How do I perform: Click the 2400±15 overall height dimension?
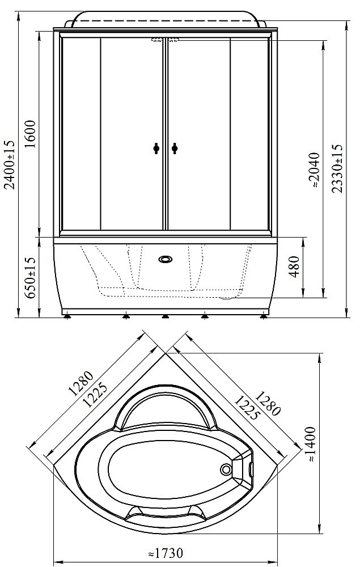coord(10,165)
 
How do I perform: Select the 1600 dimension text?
coord(31,133)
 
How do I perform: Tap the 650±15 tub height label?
coord(31,277)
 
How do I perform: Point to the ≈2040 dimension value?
coord(314,170)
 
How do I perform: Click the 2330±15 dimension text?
coord(337,168)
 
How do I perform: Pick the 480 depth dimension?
coord(295,266)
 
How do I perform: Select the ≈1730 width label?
coord(166,552)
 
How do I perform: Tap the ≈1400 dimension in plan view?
coord(311,445)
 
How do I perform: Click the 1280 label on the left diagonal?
coord(81,383)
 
